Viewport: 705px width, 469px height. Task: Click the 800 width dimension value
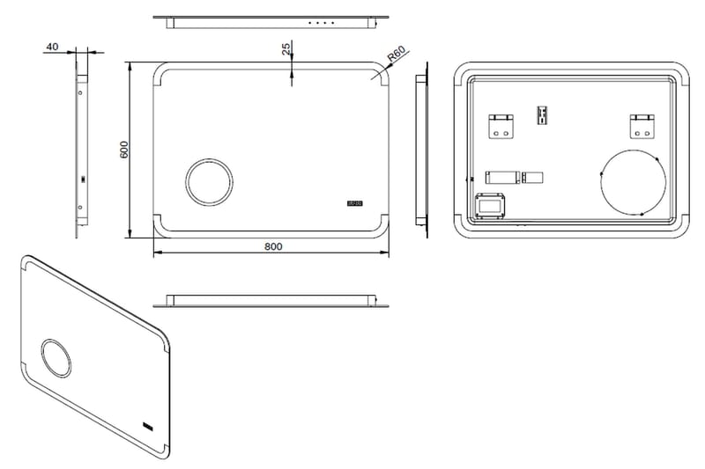[272, 246]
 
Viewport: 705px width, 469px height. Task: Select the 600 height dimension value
[124, 150]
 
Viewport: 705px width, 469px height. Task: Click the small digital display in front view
[355, 204]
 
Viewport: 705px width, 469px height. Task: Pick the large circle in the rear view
[633, 183]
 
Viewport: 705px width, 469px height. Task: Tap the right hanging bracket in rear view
[641, 126]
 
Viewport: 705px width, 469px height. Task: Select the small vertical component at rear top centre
[542, 115]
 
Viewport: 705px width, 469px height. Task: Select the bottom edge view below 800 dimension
[271, 301]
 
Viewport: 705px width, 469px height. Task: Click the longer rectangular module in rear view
[501, 177]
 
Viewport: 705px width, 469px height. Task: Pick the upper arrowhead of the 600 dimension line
[131, 66]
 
